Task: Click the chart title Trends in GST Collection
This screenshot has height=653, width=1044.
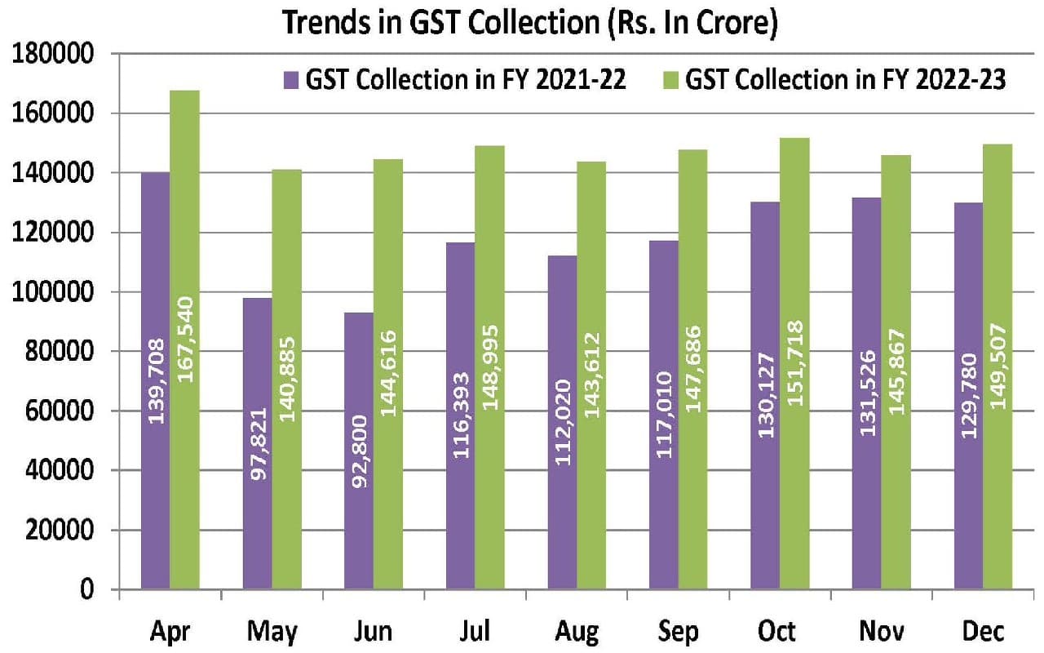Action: pyautogui.click(x=529, y=23)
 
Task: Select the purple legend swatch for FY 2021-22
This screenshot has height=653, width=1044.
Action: pyautogui.click(x=291, y=80)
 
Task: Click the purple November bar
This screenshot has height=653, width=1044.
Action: pyautogui.click(x=867, y=393)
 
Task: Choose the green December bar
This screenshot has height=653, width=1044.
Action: pyautogui.click(x=998, y=366)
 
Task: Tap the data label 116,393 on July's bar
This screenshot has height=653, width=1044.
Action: pyautogui.click(x=461, y=415)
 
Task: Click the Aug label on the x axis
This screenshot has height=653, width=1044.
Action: pyautogui.click(x=577, y=632)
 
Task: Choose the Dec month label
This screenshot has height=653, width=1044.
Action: pyautogui.click(x=983, y=632)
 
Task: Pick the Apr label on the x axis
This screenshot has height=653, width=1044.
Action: pyautogui.click(x=170, y=632)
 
